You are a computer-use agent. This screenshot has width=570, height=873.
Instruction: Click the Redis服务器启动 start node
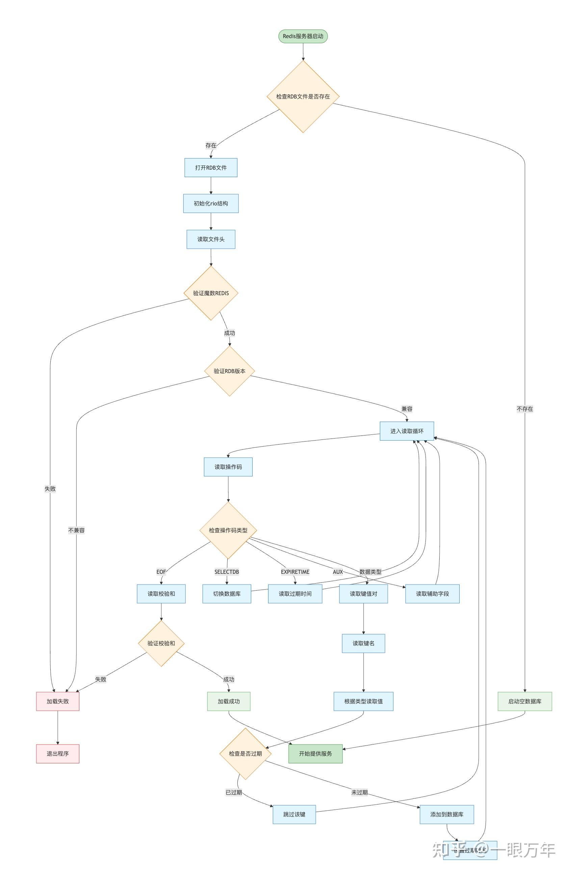pyautogui.click(x=303, y=36)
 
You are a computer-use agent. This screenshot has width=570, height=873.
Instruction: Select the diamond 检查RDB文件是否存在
pyautogui.click(x=303, y=96)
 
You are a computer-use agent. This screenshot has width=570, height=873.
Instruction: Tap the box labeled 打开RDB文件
pyautogui.click(x=210, y=168)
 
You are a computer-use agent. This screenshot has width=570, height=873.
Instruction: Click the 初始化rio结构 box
pyautogui.click(x=210, y=203)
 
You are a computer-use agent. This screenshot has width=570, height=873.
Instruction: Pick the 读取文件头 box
pyautogui.click(x=210, y=239)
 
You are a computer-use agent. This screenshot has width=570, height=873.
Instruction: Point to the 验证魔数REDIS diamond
pyautogui.click(x=210, y=293)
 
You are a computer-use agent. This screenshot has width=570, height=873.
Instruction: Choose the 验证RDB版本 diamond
pyautogui.click(x=229, y=371)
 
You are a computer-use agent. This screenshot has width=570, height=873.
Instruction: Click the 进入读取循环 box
pyautogui.click(x=406, y=431)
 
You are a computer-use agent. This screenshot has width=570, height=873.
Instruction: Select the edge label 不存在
pyautogui.click(x=524, y=409)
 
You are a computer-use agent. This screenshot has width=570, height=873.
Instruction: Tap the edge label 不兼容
pyautogui.click(x=76, y=530)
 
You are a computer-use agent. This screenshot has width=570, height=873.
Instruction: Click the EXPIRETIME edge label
pyautogui.click(x=294, y=571)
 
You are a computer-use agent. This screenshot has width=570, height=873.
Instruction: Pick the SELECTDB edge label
pyautogui.click(x=226, y=571)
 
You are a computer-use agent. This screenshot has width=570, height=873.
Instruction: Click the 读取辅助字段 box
pyautogui.click(x=432, y=593)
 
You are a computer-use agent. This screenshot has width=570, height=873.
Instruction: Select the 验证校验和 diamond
pyautogui.click(x=161, y=643)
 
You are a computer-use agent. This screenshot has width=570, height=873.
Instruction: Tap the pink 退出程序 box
pyautogui.click(x=57, y=754)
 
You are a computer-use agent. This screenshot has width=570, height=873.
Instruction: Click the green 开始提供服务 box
pyautogui.click(x=315, y=754)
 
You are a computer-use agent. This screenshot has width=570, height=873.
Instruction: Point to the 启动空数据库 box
pyautogui.click(x=524, y=701)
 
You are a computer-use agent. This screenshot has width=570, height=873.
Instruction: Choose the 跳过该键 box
pyautogui.click(x=294, y=814)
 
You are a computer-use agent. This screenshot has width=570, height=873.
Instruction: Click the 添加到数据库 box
pyautogui.click(x=446, y=814)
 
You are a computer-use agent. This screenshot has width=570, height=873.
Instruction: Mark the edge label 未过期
pyautogui.click(x=359, y=792)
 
